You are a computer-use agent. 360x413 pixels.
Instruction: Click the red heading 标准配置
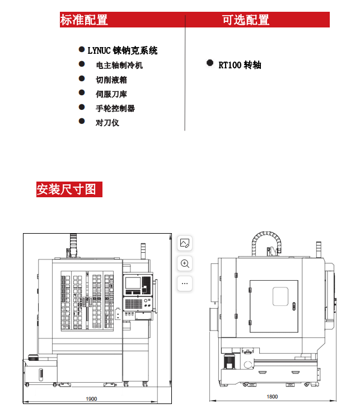[84, 20]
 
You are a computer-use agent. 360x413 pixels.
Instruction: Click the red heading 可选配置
[246, 20]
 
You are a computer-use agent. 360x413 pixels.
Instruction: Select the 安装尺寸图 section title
[66, 189]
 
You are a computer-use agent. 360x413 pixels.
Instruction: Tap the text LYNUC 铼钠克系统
[122, 51]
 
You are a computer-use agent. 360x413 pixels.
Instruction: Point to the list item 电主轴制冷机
[119, 65]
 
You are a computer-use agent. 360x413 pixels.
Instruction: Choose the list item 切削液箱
[111, 80]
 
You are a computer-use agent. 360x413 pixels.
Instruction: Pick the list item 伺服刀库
[111, 94]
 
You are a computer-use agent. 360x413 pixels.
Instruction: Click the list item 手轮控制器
[115, 108]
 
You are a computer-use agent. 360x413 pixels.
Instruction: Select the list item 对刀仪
[107, 122]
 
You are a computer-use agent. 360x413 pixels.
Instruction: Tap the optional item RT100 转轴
[240, 65]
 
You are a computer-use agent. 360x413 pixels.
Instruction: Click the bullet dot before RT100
[210, 63]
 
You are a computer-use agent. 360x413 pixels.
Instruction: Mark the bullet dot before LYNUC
[82, 50]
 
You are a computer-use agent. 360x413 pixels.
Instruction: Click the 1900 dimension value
[91, 399]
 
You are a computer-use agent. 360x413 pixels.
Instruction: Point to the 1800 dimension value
[272, 396]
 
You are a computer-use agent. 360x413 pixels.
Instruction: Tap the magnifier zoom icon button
[185, 263]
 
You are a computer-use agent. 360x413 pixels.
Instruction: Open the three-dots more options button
[185, 283]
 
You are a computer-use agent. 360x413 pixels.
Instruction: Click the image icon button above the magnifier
[185, 243]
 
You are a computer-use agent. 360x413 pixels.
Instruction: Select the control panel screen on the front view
[135, 285]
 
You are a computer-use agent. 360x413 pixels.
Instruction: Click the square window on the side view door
[280, 296]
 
